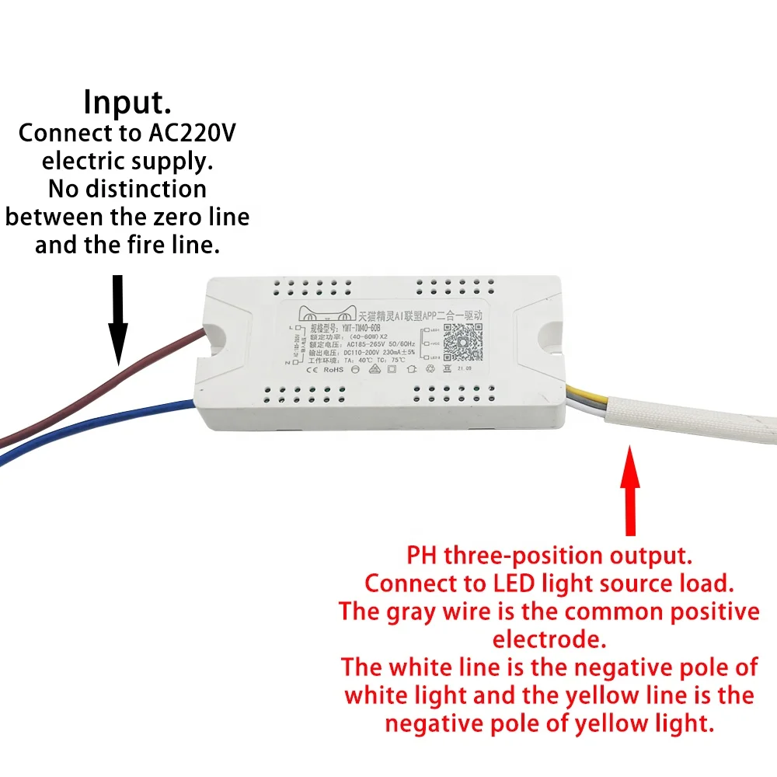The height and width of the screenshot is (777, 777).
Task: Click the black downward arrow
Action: pos(117,319)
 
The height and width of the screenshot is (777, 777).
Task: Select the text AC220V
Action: pos(191,133)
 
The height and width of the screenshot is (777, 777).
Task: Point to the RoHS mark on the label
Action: pos(333,370)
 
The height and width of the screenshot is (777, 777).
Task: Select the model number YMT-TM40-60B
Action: pos(352,327)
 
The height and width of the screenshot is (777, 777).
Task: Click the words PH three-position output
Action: pos(549,556)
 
